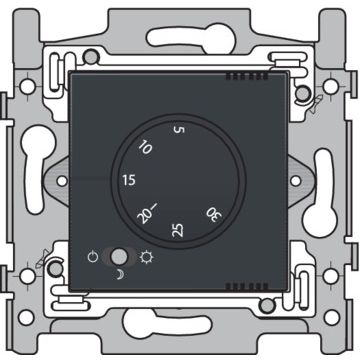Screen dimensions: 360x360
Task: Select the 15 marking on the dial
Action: [127, 181]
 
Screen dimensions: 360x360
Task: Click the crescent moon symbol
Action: [120, 274]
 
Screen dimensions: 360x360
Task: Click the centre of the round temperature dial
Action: [179, 180]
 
